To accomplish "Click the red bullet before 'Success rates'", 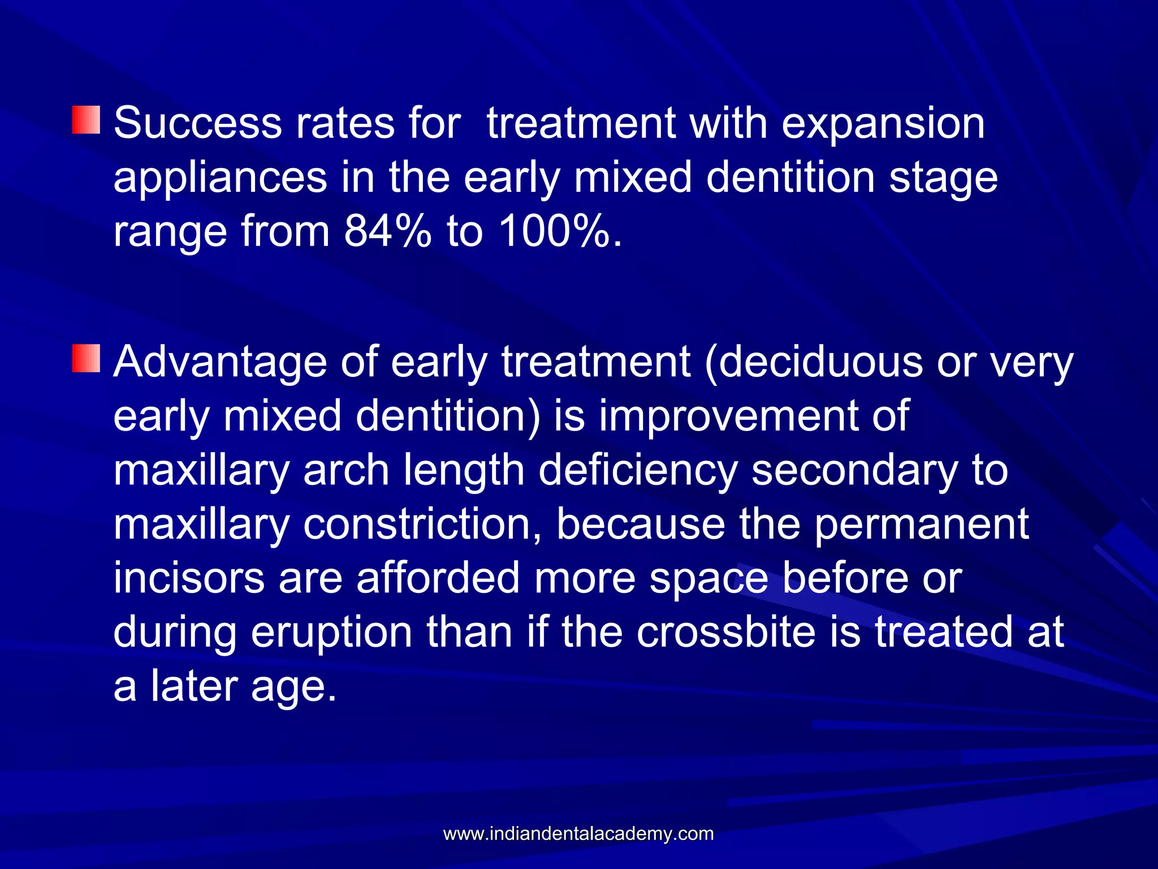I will pyautogui.click(x=86, y=120).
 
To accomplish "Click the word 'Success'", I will pyautogui.click(x=197, y=123).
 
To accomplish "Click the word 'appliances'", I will pyautogui.click(x=220, y=178).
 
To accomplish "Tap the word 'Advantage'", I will pyautogui.click(x=220, y=363).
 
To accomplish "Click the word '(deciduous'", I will pyautogui.click(x=814, y=362).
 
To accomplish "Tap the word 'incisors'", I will pyautogui.click(x=189, y=578).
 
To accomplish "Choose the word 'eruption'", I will pyautogui.click(x=331, y=633).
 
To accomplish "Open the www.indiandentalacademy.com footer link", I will pyautogui.click(x=578, y=834).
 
